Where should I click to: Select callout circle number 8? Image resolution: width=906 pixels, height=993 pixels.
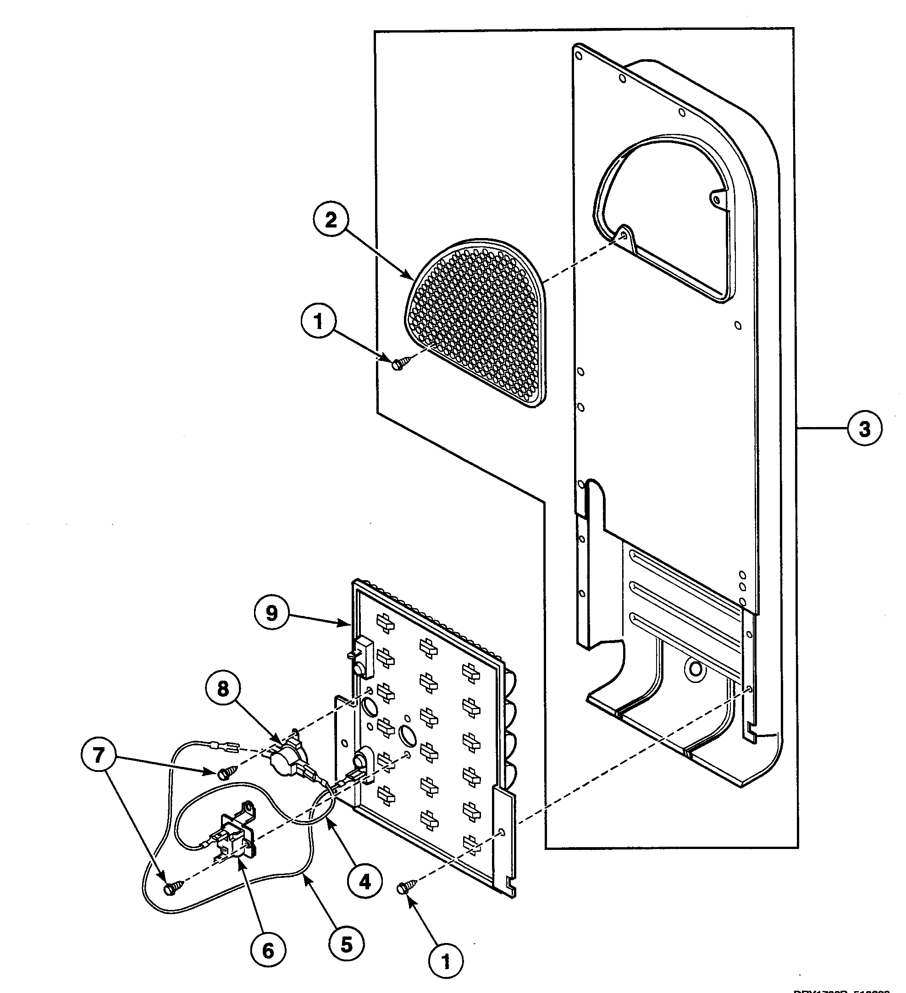[223, 689]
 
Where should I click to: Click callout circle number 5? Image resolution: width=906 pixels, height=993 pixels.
[347, 945]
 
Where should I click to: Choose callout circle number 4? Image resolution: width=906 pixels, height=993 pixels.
[365, 882]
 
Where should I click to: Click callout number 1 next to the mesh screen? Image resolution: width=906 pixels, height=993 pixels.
[318, 322]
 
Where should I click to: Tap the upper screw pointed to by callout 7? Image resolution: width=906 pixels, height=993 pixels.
[225, 774]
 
